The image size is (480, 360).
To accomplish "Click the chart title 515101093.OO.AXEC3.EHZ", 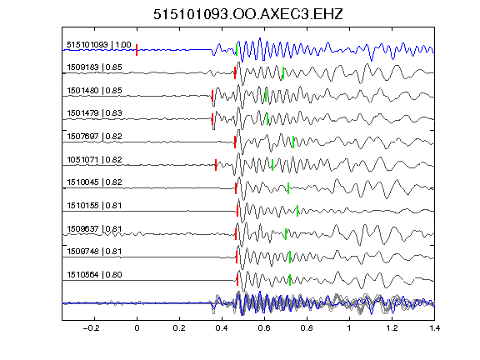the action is point(248,14).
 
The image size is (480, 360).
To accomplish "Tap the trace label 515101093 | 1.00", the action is point(99,45).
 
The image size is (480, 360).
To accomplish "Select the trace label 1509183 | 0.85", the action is point(95,67).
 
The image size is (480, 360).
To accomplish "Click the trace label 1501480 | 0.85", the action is point(95,91).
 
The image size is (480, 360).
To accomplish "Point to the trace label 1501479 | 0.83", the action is point(95,113).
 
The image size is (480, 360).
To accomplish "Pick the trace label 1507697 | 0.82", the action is point(95,136).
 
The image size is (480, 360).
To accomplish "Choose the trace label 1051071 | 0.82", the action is point(95,159).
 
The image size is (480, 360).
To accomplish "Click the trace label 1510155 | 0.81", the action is point(95,205).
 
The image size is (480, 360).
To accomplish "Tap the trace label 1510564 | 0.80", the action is point(95,275).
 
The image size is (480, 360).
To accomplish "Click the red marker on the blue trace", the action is point(137,50).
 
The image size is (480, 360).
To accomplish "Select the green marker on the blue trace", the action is point(237,50).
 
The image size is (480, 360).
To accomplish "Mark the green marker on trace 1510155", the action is point(297,211).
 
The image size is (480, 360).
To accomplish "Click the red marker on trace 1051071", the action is point(216,165).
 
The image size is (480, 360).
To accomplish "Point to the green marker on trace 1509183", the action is point(283,72).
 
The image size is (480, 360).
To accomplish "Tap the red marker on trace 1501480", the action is point(212,96).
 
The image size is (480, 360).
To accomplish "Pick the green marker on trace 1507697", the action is point(293,142).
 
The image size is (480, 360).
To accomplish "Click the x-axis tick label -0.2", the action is point(92,328).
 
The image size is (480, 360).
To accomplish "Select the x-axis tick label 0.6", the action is point(264,328).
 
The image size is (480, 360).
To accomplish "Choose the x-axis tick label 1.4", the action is point(434,328).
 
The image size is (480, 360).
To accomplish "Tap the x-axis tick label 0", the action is point(137,328).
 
